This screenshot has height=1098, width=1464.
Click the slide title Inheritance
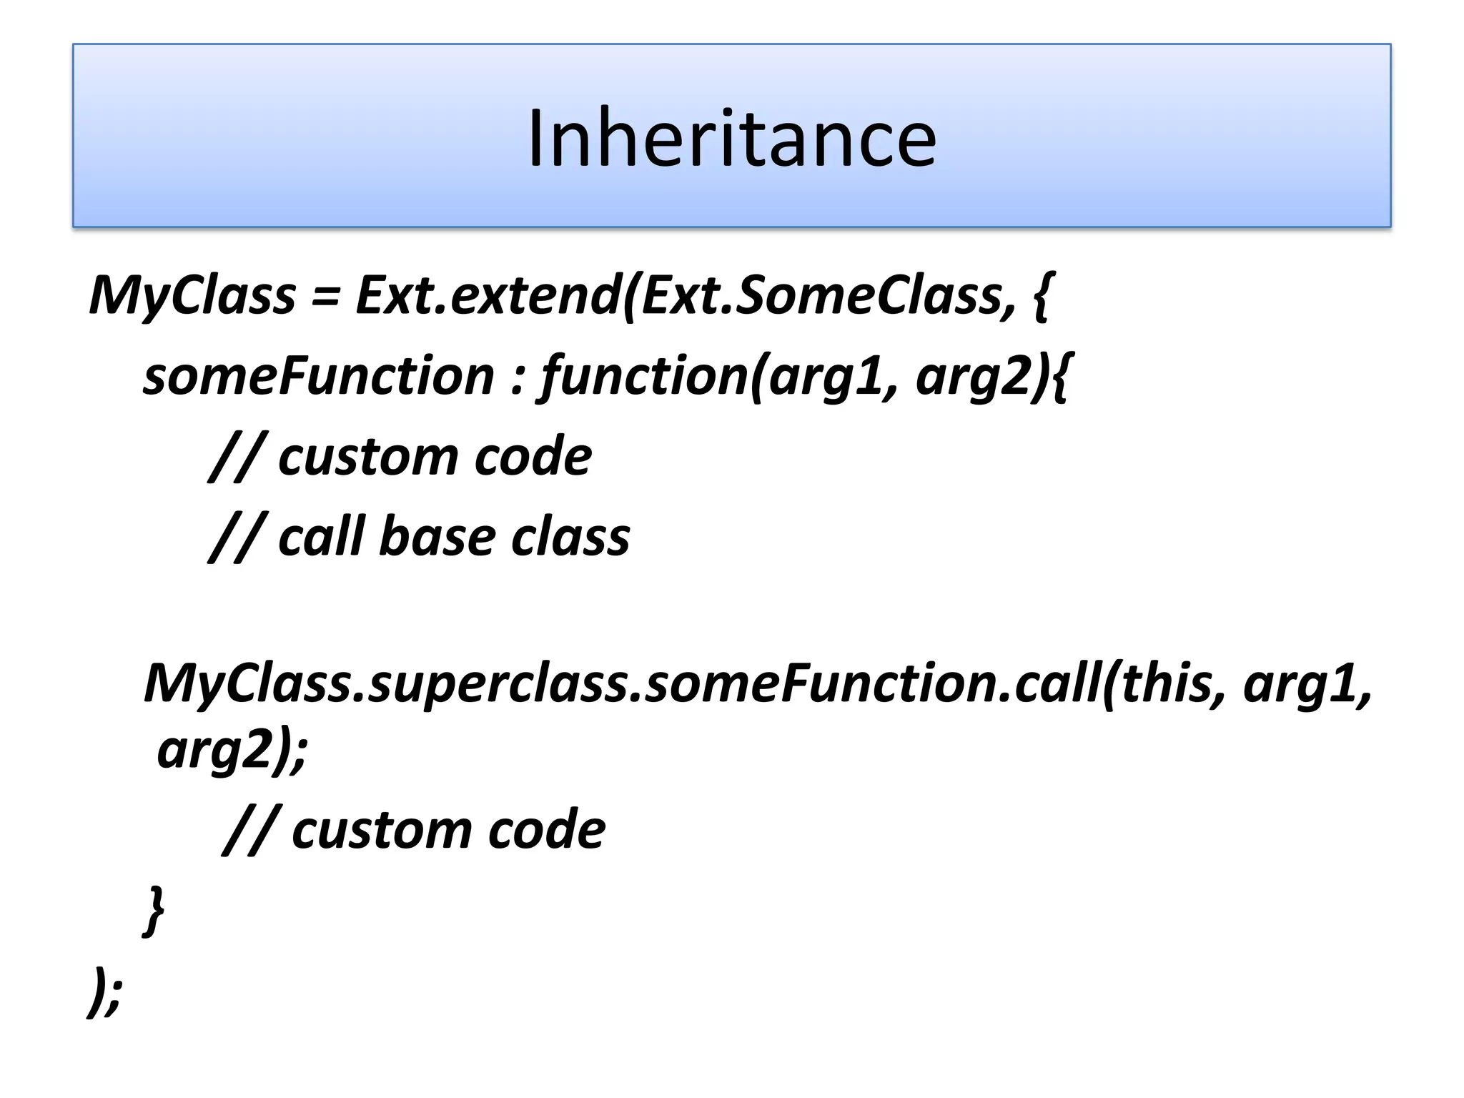click(731, 138)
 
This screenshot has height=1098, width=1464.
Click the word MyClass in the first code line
click(192, 295)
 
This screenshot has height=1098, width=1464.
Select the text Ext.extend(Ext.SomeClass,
click(685, 295)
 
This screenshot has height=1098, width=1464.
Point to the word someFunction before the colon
click(318, 376)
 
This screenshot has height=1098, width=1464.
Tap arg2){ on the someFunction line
click(994, 376)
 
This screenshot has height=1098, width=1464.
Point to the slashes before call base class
click(236, 538)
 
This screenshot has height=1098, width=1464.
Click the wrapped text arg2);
click(232, 751)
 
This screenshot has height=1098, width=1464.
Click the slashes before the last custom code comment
click(249, 831)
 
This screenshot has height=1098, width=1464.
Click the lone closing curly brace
click(154, 910)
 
